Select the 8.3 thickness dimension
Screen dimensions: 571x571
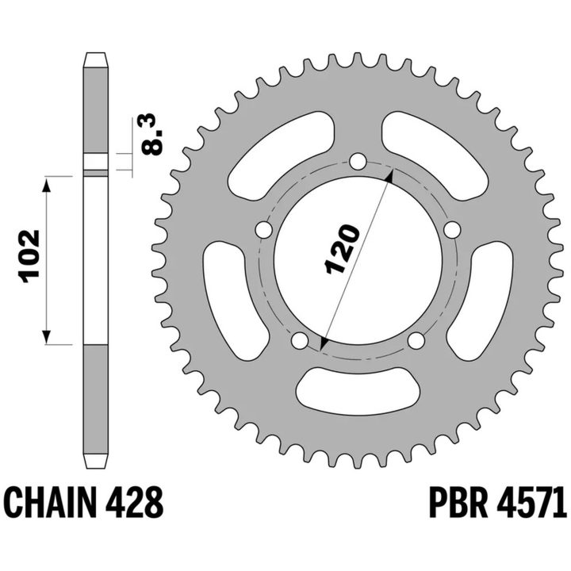tap(151, 135)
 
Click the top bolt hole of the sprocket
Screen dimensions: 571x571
tap(358, 161)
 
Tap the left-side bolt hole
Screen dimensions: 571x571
tap(264, 230)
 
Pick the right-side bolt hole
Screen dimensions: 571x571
tap(452, 230)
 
